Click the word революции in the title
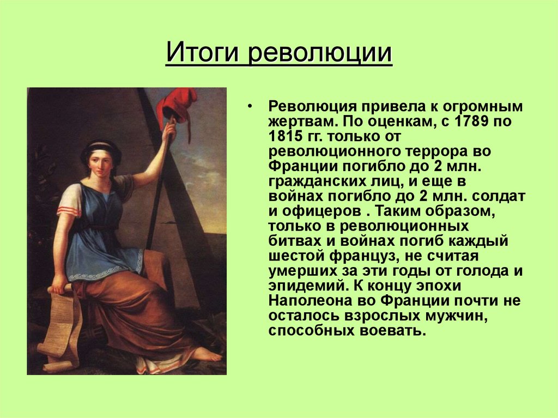[320, 54]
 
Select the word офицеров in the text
[319, 210]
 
